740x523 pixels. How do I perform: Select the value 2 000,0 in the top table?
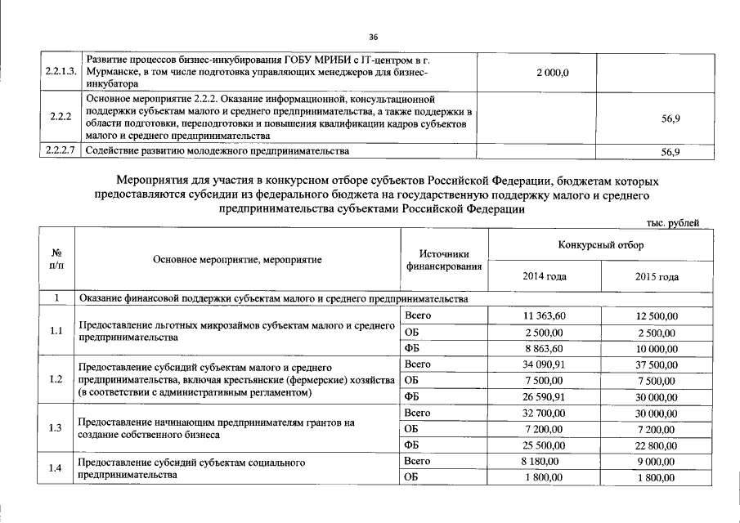pyautogui.click(x=553, y=73)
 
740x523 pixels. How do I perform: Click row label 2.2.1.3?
pyautogui.click(x=61, y=73)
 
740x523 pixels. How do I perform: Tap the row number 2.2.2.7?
pyautogui.click(x=61, y=151)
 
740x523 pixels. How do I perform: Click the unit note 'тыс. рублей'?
pyautogui.click(x=673, y=223)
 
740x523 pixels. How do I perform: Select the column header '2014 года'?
pyautogui.click(x=545, y=276)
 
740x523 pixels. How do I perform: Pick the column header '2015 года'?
pyautogui.click(x=657, y=276)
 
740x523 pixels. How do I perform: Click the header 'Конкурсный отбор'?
pyautogui.click(x=601, y=245)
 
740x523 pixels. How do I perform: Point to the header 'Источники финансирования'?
pyautogui.click(x=444, y=260)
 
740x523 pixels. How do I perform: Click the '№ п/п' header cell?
pyautogui.click(x=56, y=259)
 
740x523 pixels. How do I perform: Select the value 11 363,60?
pyautogui.click(x=545, y=316)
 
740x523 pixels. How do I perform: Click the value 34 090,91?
pyautogui.click(x=545, y=364)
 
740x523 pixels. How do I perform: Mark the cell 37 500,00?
pyautogui.click(x=657, y=364)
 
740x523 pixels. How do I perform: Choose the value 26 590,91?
pyautogui.click(x=545, y=397)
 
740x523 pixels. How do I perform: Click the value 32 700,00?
pyautogui.click(x=545, y=413)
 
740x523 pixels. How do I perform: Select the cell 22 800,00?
pyautogui.click(x=657, y=445)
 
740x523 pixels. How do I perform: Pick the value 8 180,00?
pyautogui.click(x=545, y=462)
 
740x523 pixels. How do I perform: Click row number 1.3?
pyautogui.click(x=56, y=428)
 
